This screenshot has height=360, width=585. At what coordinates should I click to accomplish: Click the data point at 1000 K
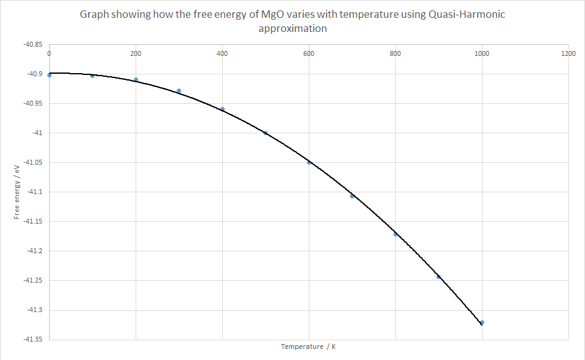482,322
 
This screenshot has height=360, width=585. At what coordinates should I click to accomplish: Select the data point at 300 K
179,91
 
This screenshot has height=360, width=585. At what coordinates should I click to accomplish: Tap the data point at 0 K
49,75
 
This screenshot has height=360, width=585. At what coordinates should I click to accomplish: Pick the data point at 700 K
352,196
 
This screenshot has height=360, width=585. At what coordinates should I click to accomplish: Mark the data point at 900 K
439,276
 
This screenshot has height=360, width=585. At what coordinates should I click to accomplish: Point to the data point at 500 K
266,133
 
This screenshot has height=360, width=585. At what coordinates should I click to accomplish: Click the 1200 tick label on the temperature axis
568,53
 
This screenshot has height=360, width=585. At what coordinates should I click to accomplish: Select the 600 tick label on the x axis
309,53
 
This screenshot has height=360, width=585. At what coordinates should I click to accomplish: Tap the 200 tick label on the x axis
136,53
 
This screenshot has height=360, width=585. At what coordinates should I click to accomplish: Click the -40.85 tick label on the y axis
33,44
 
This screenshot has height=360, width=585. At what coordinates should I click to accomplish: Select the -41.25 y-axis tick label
33,280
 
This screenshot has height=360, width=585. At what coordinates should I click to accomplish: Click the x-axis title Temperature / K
308,346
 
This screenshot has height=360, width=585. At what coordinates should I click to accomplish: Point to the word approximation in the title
292,28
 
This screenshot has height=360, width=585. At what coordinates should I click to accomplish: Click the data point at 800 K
396,234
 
